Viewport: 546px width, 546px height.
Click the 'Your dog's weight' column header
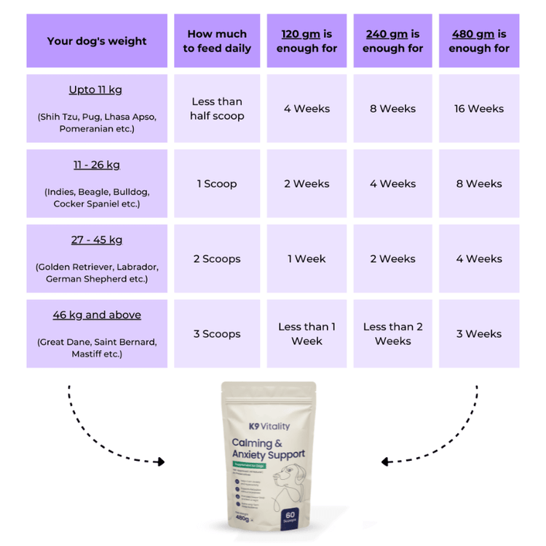97,41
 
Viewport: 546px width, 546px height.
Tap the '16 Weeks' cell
479,108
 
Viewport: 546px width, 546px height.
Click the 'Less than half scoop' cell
217,108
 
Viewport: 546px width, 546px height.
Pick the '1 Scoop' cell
217,183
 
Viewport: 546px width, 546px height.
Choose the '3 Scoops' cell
217,333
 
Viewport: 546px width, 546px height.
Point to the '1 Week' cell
306,258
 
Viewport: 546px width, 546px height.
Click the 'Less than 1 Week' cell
306,333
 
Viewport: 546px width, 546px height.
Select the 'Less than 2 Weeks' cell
393,333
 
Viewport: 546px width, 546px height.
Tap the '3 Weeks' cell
479,333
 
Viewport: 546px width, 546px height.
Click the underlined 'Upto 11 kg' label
96,90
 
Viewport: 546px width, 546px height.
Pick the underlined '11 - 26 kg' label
97,165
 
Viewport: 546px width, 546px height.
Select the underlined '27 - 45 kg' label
97,240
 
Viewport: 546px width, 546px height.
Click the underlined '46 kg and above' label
97,314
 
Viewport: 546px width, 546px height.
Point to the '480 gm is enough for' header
479,41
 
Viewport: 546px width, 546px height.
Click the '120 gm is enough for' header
306,41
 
